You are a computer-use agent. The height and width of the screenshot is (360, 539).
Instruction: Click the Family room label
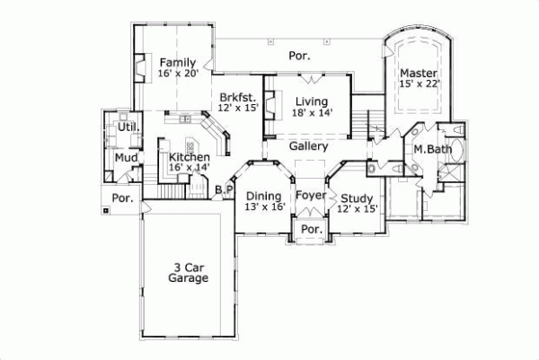click(x=177, y=62)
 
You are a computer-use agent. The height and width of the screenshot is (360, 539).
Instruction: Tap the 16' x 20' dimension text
click(x=177, y=74)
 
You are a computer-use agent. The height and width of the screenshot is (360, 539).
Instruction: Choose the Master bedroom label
click(x=419, y=73)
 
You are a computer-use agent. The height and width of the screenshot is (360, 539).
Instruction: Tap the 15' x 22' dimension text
click(x=419, y=84)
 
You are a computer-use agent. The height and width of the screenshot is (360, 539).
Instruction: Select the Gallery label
click(x=307, y=146)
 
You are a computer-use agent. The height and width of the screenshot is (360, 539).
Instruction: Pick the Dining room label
click(x=264, y=196)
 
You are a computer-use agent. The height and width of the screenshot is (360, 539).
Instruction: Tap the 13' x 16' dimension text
click(x=264, y=207)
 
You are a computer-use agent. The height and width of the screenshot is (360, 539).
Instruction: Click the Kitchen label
click(x=189, y=156)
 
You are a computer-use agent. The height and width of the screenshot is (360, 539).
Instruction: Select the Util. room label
click(x=128, y=127)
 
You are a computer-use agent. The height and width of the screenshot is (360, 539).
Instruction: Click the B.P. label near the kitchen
click(x=224, y=189)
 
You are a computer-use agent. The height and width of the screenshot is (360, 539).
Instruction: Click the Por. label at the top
click(x=299, y=56)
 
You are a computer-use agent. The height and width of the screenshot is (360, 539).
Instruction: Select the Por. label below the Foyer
click(x=311, y=230)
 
